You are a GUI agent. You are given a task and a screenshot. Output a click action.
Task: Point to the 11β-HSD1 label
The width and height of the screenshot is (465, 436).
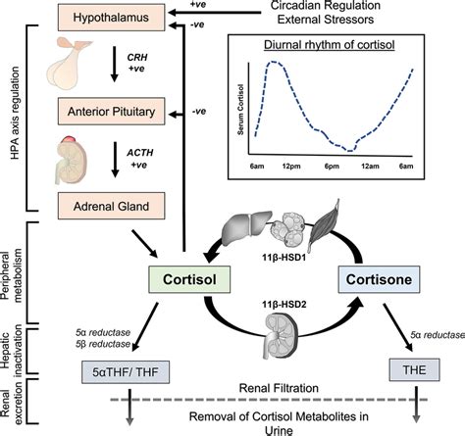tap(293, 254)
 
